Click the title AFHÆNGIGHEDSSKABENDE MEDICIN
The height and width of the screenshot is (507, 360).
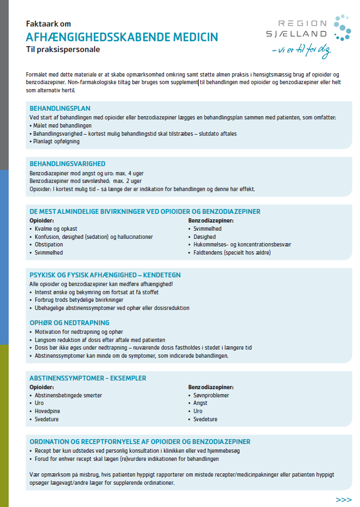point(122,37)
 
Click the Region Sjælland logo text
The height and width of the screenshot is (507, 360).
point(302,28)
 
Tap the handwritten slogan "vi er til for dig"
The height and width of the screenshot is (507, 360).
point(301,52)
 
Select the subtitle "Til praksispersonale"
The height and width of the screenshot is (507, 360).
point(63,49)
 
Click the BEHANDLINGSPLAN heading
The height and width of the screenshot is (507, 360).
point(60,108)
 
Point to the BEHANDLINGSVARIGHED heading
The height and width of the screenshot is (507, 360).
point(67,164)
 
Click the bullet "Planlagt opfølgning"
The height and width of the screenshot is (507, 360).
point(56,141)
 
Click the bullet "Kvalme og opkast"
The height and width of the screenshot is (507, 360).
point(56,229)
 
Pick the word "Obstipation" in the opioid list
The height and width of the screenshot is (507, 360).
point(49,245)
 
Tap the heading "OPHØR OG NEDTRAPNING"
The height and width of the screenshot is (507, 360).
point(69,322)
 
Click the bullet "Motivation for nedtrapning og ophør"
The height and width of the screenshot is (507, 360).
point(79,332)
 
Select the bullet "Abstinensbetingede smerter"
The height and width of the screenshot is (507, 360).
point(68,395)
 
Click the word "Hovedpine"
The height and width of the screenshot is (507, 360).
point(47,411)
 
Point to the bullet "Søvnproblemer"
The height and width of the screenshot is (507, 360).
point(211,395)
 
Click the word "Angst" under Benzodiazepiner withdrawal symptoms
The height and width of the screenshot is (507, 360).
point(201,403)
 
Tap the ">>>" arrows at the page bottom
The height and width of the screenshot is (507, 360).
point(344,499)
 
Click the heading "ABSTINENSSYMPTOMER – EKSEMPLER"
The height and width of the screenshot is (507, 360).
point(87,378)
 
